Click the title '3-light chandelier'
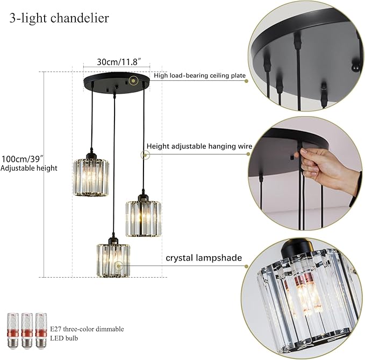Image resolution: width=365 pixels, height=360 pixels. coord(59,18)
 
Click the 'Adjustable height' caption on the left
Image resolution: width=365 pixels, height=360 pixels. coord(29,168)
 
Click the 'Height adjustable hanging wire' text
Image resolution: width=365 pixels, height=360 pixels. coord(199,146)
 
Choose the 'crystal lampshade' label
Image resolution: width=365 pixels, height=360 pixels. coord(204,258)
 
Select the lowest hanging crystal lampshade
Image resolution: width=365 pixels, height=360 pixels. coord(113,260)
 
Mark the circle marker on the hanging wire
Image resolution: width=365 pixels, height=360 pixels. coord(145,155)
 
